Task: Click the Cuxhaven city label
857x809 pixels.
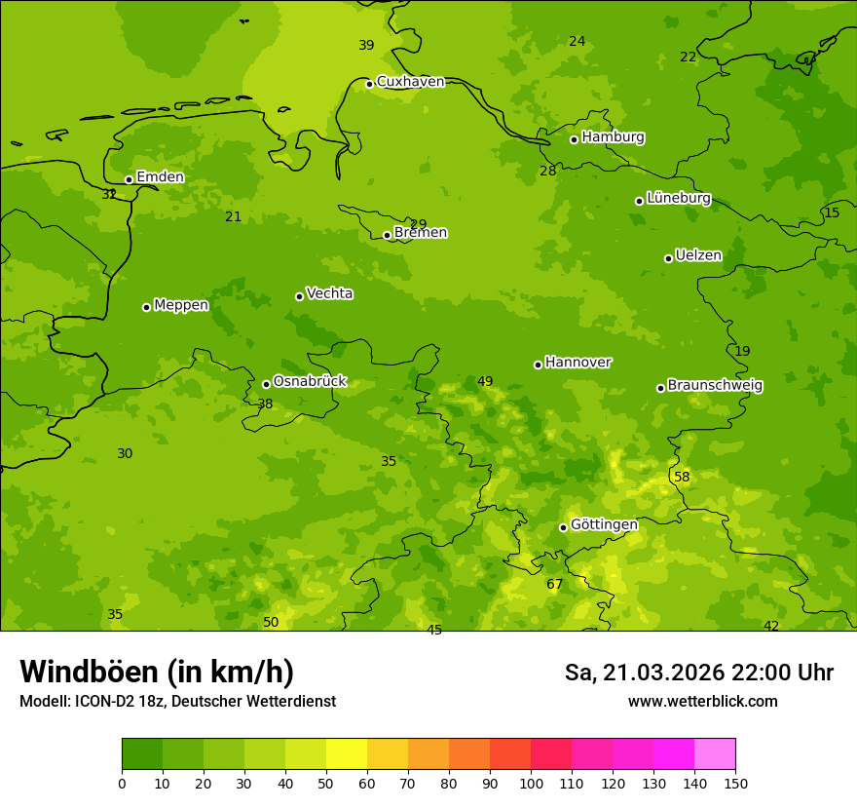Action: (x=410, y=82)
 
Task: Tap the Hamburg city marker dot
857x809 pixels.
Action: (x=574, y=139)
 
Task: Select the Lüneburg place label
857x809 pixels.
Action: (x=679, y=198)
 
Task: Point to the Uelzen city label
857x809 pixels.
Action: (x=698, y=255)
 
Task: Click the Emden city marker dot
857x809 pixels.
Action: (x=129, y=179)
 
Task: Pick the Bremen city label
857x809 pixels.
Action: (x=421, y=233)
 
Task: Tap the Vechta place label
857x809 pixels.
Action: (x=329, y=293)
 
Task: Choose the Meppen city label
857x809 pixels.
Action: (x=181, y=305)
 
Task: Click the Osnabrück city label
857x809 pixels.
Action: (x=310, y=381)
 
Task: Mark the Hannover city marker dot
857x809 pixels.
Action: (x=538, y=365)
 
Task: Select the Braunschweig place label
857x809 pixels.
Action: (x=715, y=385)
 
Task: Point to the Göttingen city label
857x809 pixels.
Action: (x=604, y=524)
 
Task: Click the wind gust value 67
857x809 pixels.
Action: (x=554, y=585)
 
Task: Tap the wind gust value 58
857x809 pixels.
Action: (x=682, y=477)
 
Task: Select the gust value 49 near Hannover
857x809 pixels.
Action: (x=485, y=381)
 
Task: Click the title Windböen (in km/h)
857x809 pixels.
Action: (x=157, y=672)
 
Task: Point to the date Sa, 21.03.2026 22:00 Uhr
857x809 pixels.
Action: (x=699, y=673)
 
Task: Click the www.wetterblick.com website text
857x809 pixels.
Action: (x=702, y=701)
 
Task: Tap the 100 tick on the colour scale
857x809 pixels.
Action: (x=531, y=783)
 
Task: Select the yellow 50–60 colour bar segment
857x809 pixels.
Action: (x=347, y=754)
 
